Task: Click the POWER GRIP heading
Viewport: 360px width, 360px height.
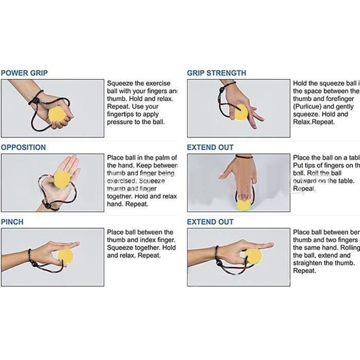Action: point(24,73)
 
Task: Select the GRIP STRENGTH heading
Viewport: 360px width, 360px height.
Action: point(216,73)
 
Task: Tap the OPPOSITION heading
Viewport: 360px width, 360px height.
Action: point(23,148)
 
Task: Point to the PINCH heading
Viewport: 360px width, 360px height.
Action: point(12,222)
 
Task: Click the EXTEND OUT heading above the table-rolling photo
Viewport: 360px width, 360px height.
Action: point(210,148)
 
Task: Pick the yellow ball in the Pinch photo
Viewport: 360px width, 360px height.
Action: point(66,255)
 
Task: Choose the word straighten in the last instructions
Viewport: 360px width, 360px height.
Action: point(310,263)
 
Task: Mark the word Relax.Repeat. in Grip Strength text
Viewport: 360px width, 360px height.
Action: point(314,122)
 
